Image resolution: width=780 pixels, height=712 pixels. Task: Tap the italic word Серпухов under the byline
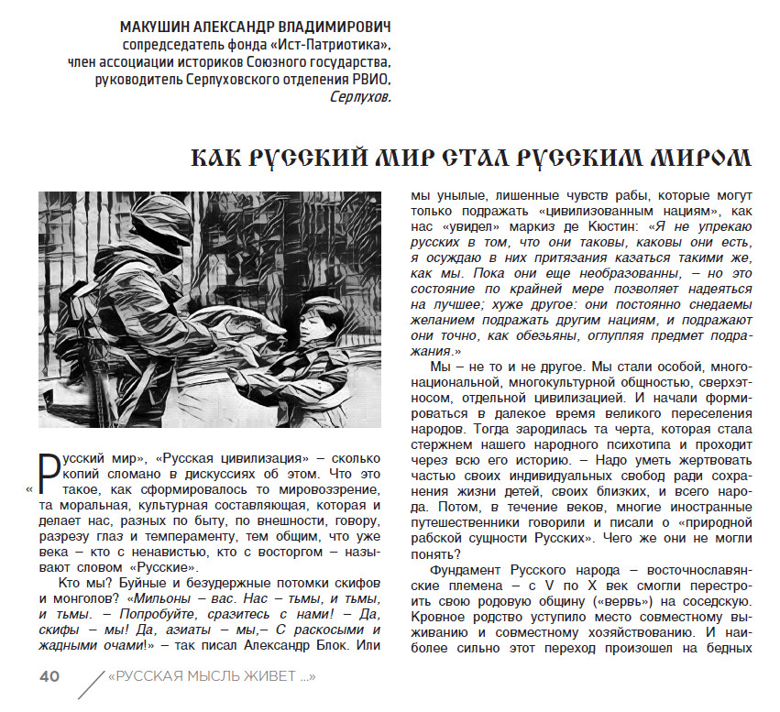click(360, 96)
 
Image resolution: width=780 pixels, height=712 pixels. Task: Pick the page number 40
click(49, 677)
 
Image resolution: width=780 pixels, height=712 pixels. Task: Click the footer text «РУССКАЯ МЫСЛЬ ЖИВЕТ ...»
click(212, 677)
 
